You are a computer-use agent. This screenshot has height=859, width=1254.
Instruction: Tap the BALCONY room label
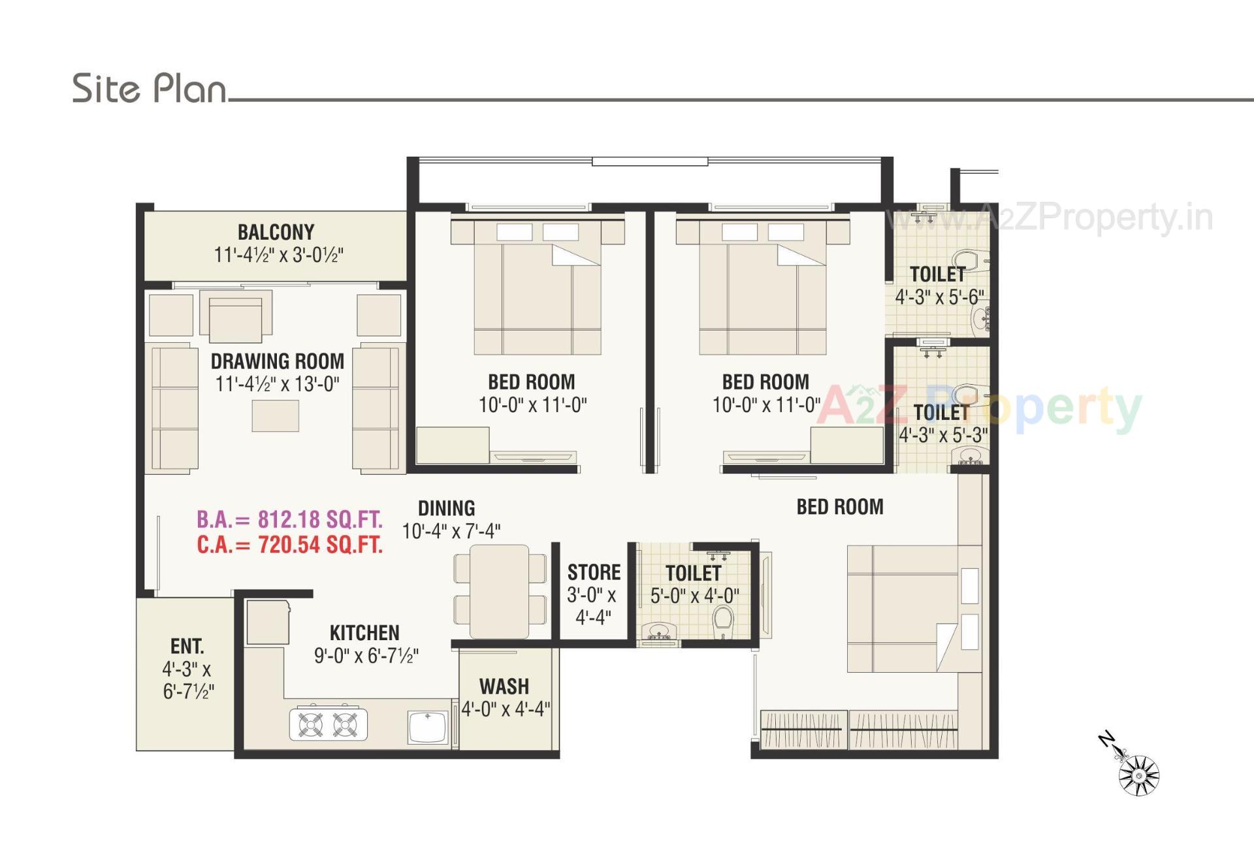(x=276, y=233)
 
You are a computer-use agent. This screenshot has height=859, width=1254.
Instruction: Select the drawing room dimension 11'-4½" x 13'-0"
(x=278, y=384)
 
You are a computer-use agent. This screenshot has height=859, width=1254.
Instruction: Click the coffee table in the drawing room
(x=275, y=415)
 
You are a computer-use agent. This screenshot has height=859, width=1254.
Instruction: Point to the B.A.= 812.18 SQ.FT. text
(x=289, y=519)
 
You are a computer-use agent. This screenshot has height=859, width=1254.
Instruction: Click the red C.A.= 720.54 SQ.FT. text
(x=289, y=545)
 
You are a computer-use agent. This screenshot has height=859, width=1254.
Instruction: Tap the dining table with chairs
(x=500, y=591)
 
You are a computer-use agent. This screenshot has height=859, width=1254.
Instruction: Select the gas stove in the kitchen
(x=328, y=724)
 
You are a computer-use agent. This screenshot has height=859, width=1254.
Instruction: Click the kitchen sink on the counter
(x=427, y=727)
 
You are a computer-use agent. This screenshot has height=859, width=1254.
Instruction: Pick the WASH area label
(x=504, y=687)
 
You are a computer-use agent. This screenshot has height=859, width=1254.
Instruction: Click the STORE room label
(x=594, y=572)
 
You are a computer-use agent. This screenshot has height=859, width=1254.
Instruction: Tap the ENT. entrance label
(x=187, y=646)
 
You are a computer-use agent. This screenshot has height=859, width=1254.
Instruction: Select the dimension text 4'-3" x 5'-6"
(x=939, y=297)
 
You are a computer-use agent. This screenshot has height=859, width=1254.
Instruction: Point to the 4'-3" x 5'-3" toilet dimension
(x=942, y=435)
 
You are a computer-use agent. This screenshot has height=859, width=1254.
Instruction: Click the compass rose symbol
(x=1138, y=775)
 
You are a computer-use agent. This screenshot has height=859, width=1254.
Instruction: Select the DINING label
(x=446, y=508)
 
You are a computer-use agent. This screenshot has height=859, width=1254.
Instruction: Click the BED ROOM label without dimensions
(x=840, y=507)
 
